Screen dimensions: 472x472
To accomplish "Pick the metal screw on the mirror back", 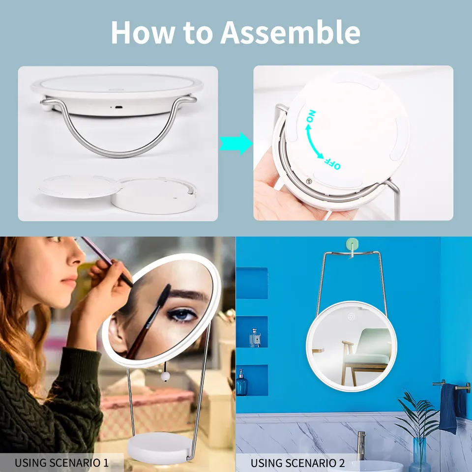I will pyautogui.click(x=308, y=181).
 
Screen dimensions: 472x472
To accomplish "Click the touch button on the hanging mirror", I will pyautogui.click(x=352, y=317).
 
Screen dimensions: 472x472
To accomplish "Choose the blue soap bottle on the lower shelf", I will pyautogui.click(x=242, y=383).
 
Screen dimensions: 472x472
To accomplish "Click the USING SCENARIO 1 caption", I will pyautogui.click(x=62, y=463).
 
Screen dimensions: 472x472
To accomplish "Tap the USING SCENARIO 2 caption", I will pyautogui.click(x=298, y=463).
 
